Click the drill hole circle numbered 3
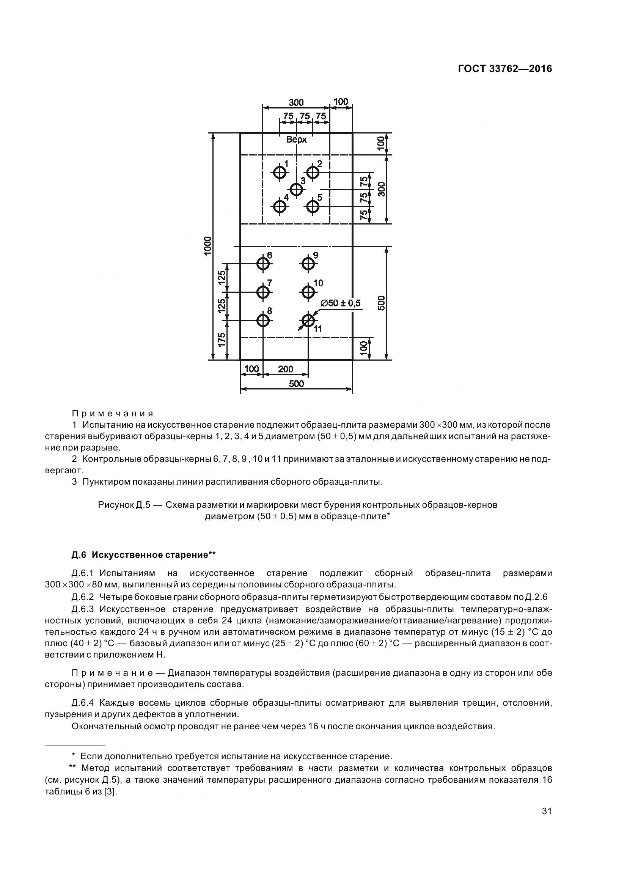coord(296,190)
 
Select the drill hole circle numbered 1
coord(279,172)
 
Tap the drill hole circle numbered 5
coord(313,207)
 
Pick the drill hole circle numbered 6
coord(263,264)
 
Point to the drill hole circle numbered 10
coord(308,292)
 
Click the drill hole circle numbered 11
coord(308,320)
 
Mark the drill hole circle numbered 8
coord(263,320)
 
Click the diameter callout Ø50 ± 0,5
coord(340,303)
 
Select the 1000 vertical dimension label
coord(208,246)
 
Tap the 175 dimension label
coord(222,340)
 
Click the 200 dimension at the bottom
coord(286,369)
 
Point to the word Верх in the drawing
coord(296,140)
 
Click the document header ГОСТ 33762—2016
coord(505,69)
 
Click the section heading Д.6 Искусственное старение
coord(143,555)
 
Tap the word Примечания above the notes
coord(113,414)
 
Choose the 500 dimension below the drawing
coord(296,384)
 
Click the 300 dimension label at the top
coord(296,102)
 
